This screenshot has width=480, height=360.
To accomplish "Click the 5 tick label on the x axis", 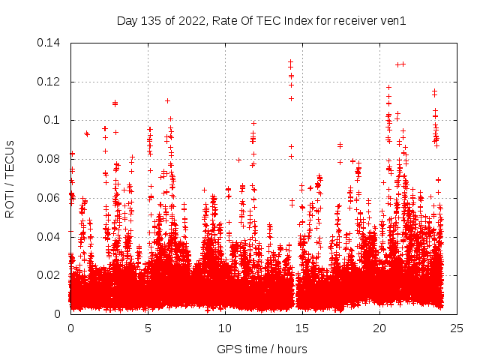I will coord(148,328).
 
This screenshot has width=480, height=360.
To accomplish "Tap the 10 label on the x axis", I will coord(225,328).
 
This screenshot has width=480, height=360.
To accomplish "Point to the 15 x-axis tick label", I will coord(302,328).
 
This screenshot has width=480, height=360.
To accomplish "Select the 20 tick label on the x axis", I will coord(379,328).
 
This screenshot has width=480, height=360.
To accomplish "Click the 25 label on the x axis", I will coord(457,328).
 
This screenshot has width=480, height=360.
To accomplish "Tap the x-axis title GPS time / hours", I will coord(263,349).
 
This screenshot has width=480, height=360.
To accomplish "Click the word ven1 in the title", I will coord(392,21).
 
